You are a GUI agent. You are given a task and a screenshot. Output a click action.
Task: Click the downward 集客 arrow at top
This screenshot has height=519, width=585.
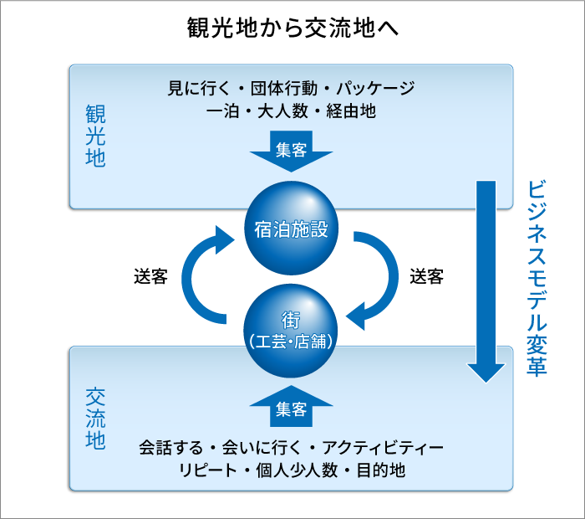291,151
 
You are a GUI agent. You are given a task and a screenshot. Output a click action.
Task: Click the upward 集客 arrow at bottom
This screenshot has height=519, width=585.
291,407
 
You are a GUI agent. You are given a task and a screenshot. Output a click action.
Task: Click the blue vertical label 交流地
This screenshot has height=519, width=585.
95,419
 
